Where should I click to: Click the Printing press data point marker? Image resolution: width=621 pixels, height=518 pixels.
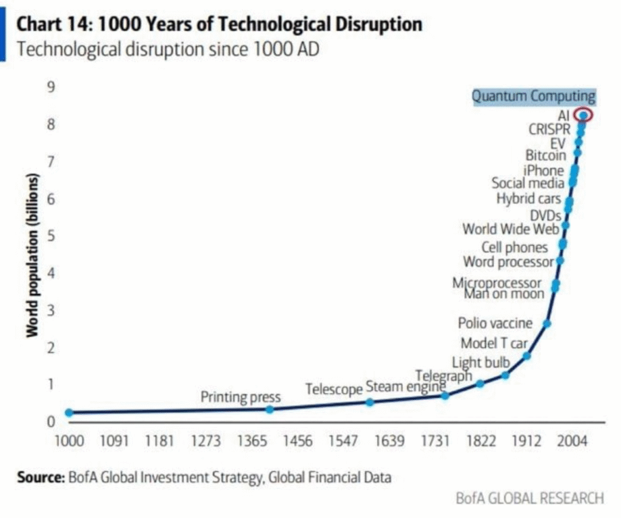(270, 410)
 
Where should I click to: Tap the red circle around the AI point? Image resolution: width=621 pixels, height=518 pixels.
(583, 115)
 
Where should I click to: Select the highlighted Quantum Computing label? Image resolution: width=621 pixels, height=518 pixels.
(534, 96)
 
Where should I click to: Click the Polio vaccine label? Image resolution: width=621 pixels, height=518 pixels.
(495, 324)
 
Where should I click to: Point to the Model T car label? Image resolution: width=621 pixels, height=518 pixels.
(494, 344)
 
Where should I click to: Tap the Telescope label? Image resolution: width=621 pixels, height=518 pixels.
(334, 389)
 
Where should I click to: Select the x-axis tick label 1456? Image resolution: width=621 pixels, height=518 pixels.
(298, 441)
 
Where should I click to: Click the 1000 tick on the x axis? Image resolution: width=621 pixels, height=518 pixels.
(69, 441)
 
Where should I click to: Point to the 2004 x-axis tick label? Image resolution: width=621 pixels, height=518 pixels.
(572, 441)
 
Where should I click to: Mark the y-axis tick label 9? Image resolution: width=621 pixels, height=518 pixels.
(52, 87)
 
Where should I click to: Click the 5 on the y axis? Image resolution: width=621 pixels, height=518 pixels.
(52, 236)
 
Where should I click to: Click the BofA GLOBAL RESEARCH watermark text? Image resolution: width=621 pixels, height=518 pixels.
(529, 499)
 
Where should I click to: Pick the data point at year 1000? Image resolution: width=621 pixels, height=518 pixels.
(69, 413)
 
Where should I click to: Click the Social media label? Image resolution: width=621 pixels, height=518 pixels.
(528, 183)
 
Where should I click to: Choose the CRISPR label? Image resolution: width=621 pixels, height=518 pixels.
(549, 129)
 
